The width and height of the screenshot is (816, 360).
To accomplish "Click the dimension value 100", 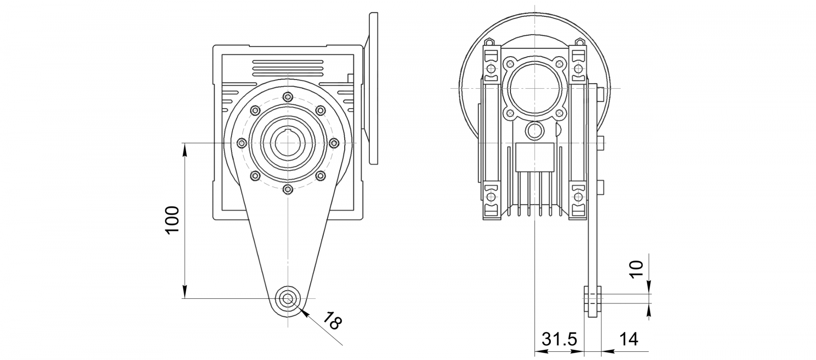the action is [x=172, y=220].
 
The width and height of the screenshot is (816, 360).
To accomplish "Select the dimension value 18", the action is [x=333, y=321].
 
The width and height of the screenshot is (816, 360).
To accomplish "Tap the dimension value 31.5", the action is [x=559, y=339].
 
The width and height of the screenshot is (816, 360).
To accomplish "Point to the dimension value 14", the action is [x=629, y=339].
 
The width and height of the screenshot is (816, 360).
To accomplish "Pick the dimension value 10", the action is [x=637, y=270].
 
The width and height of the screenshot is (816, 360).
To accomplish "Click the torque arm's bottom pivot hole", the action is [x=288, y=299].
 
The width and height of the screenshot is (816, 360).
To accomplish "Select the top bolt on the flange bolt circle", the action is [x=288, y=97].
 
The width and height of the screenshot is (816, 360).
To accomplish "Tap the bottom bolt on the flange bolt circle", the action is [x=288, y=189].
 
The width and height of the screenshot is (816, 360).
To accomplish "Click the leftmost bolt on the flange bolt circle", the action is [x=242, y=143].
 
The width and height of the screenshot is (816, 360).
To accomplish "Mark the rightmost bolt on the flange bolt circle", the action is [x=334, y=143].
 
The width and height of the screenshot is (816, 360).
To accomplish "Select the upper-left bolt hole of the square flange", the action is [x=509, y=64].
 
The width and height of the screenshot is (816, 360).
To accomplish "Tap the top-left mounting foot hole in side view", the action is [x=491, y=68].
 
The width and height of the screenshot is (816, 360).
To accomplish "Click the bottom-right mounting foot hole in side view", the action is [x=578, y=197].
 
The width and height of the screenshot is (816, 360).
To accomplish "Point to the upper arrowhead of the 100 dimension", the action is [x=185, y=150].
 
